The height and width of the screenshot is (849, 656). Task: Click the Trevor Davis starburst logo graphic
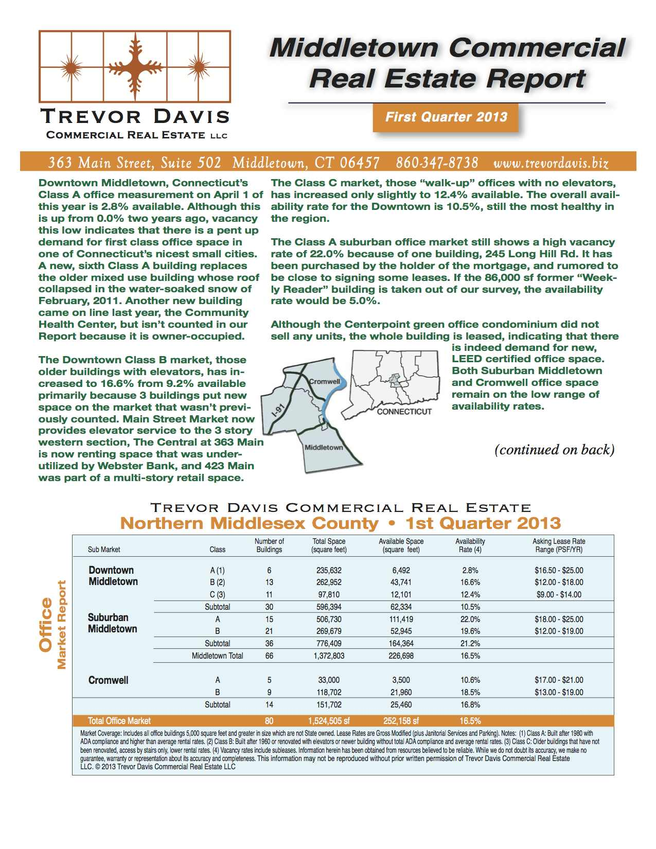[134, 66]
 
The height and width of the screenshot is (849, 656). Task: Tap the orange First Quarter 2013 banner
[446, 117]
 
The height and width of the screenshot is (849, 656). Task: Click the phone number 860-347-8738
[437, 163]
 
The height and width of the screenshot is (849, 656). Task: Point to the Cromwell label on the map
[325, 381]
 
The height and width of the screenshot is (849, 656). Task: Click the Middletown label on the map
[324, 447]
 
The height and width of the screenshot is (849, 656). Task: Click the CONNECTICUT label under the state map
[404, 412]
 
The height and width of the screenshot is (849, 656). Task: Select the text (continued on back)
[555, 450]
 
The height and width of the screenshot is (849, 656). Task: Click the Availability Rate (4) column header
[470, 545]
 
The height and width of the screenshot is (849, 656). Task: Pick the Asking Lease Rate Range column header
[559, 545]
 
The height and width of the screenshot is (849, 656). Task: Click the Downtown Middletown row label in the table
[113, 576]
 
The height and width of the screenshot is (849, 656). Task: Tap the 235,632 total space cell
[329, 570]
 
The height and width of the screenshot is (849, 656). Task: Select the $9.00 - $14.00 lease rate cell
[559, 594]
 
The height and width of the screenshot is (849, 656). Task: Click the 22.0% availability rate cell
[470, 619]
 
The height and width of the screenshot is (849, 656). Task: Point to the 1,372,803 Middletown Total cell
[329, 656]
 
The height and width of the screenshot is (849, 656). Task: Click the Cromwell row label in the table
[109, 680]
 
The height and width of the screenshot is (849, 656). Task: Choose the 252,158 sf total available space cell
[401, 721]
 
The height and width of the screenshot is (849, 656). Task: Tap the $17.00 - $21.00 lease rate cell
[559, 680]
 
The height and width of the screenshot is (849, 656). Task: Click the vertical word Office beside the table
[46, 625]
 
